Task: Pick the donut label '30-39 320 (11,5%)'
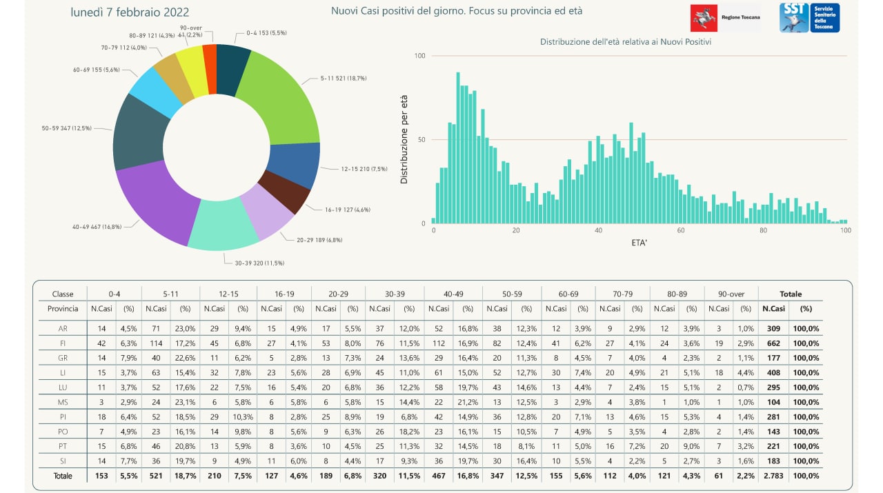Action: point(255,263)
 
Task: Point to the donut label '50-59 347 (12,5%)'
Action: point(66,128)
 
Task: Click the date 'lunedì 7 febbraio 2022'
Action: point(130,12)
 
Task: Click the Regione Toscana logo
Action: point(725,17)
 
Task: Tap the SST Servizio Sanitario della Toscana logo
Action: point(809,17)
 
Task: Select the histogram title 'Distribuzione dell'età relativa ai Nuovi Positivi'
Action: point(626,42)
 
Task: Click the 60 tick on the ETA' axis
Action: point(681,231)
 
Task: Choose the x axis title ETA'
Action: point(639,243)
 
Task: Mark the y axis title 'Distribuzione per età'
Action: point(404,139)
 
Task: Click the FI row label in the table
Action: point(63,343)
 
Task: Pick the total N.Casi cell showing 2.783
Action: point(773,476)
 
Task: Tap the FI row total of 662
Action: point(773,343)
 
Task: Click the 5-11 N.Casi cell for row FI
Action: point(157,343)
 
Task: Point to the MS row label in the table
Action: point(63,402)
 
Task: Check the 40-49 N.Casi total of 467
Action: point(438,476)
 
